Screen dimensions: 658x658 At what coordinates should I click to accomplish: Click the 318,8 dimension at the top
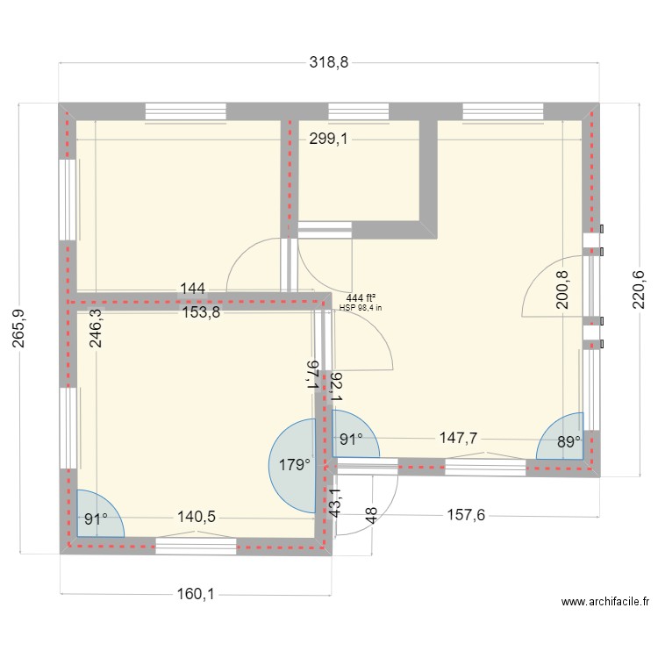pos(329,63)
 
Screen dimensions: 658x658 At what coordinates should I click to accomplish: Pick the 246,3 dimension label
pos(95,329)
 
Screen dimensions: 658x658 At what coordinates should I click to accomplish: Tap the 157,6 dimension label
pos(465,515)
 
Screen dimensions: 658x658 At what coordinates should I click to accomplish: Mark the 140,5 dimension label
pos(197,518)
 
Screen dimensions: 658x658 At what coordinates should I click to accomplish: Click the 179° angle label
pos(295,465)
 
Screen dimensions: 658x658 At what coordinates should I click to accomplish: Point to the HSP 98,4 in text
pos(361,309)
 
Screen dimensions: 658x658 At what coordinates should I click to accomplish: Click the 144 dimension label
pos(193,288)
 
